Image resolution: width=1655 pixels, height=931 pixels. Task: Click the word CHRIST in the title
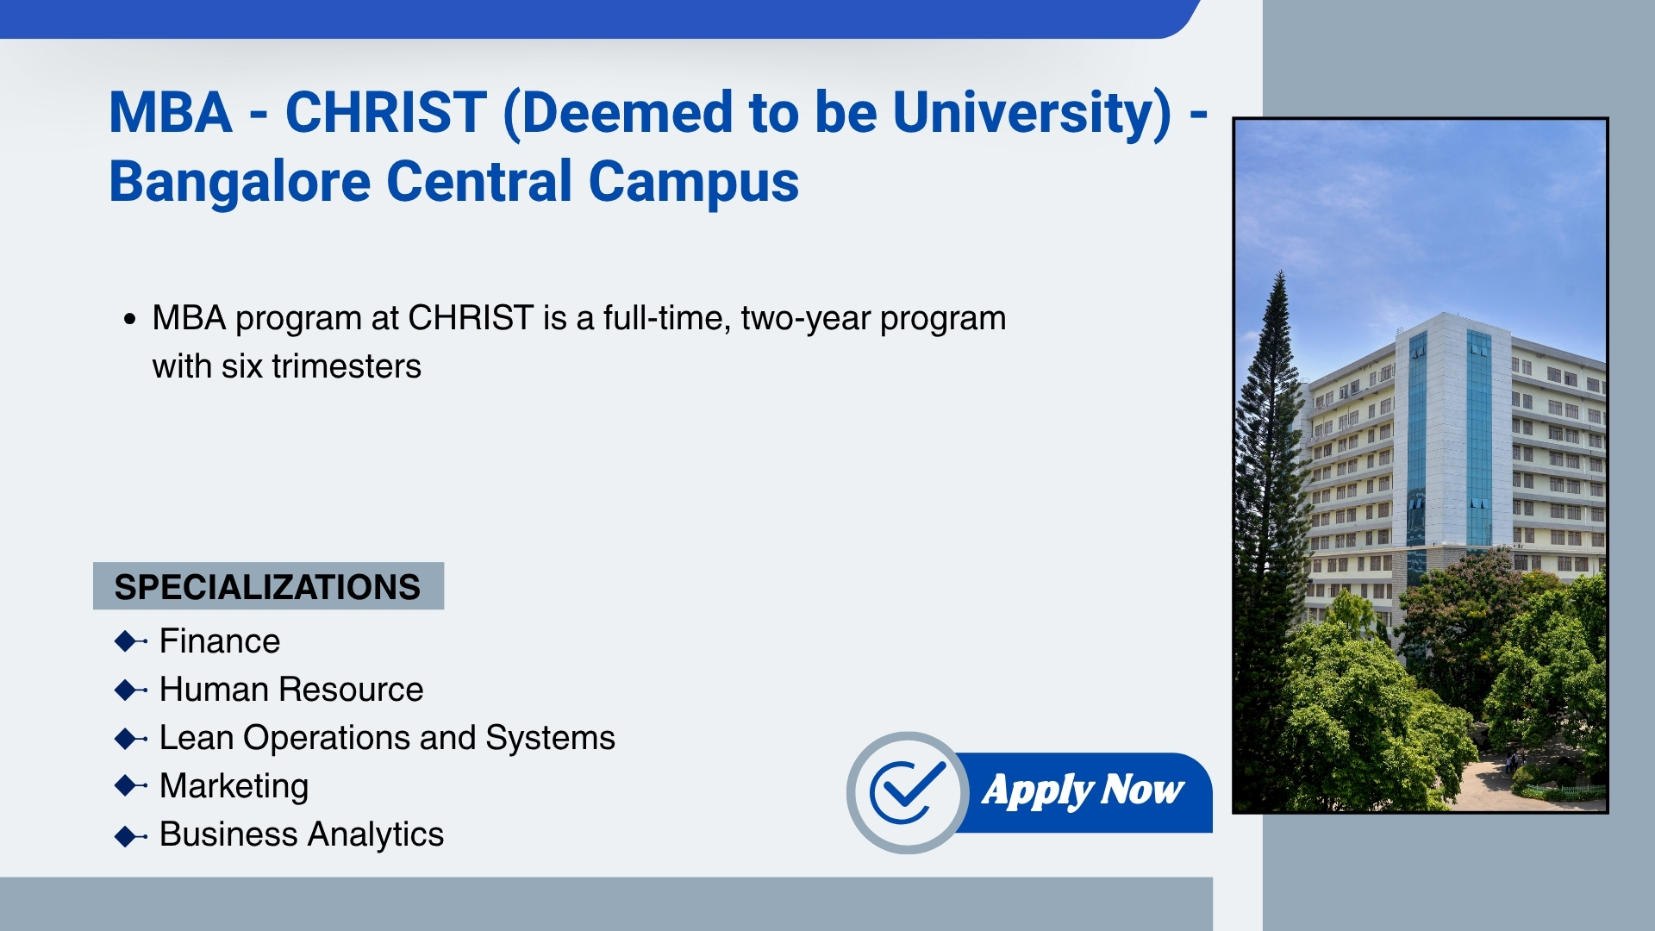(x=385, y=113)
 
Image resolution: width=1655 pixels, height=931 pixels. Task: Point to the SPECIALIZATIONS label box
(x=268, y=586)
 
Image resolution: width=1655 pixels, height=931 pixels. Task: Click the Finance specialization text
(x=220, y=641)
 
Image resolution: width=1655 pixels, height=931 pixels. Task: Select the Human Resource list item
(x=291, y=690)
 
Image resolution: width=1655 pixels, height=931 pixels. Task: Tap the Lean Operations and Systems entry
(x=387, y=739)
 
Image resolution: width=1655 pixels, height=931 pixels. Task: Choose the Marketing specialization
(x=234, y=787)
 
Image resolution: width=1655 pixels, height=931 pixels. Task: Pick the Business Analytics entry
(x=302, y=835)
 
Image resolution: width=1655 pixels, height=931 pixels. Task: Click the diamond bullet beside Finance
(x=129, y=641)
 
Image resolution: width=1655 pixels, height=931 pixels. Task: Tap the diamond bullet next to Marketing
(x=129, y=786)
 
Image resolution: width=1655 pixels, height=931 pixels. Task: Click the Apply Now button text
(x=1083, y=790)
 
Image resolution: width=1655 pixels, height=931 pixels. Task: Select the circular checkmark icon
(x=908, y=792)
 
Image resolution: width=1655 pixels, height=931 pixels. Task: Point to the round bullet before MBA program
(x=129, y=320)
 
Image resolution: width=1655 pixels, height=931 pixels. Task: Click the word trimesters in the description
(x=347, y=366)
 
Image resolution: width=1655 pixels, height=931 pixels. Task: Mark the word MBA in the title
(x=171, y=113)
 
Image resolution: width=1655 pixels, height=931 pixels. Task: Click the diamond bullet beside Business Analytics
(x=129, y=835)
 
